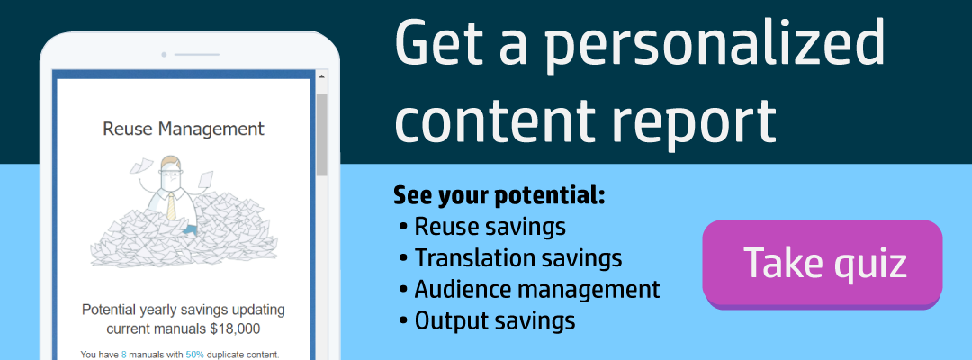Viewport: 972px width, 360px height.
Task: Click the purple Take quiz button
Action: pyautogui.click(x=822, y=263)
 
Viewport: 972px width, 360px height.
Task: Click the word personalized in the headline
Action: pyautogui.click(x=715, y=45)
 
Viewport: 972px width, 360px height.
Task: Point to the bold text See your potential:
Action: pyautogui.click(x=499, y=196)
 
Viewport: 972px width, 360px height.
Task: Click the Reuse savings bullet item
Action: pyautogui.click(x=483, y=227)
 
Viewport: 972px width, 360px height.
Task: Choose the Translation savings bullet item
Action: pyautogui.click(x=511, y=257)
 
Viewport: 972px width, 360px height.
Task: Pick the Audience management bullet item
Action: pyautogui.click(x=530, y=289)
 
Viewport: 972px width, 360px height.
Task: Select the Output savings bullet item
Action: pyautogui.click(x=488, y=320)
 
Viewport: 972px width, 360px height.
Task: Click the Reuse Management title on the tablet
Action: pyautogui.click(x=184, y=129)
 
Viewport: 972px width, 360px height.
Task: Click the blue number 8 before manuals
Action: pyautogui.click(x=124, y=355)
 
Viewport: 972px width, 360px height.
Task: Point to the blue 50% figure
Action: pyautogui.click(x=194, y=355)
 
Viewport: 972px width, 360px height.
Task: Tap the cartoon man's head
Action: pyautogui.click(x=170, y=172)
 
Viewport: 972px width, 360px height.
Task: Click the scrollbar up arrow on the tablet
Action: pyautogui.click(x=321, y=77)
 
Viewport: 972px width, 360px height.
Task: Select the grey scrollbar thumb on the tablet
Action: pyautogui.click(x=321, y=134)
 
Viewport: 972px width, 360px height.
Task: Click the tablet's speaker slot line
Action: pyautogui.click(x=196, y=55)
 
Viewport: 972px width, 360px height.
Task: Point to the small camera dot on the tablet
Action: pyautogui.click(x=164, y=55)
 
